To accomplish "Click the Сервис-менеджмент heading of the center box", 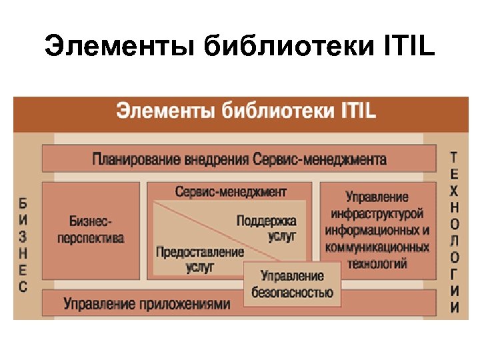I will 231,192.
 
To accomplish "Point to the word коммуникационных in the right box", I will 377,247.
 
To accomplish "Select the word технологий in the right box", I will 377,264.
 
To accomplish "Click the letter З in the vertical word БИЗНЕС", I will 23,236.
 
